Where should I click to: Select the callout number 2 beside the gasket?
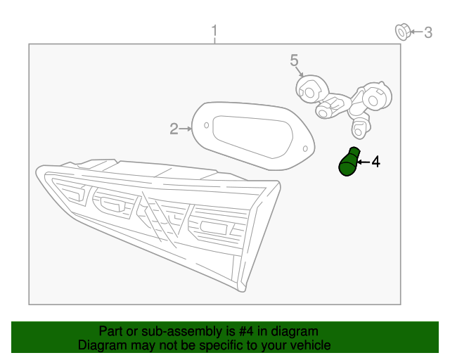coord(174,129)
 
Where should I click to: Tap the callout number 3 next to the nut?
coord(428,32)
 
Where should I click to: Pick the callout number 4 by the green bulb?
coord(376,162)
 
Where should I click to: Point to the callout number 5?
coord(294,60)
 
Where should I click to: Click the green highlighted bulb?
coord(349,162)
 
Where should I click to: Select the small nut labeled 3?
coord(403,32)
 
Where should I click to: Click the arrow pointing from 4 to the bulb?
coord(364,162)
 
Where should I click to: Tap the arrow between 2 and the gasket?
coord(186,129)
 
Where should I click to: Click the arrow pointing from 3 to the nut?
coord(417,32)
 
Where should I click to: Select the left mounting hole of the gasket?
coord(206,125)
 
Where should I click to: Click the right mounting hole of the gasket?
coord(305,148)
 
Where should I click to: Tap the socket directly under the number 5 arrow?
coord(311,89)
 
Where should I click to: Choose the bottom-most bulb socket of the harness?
coord(360,129)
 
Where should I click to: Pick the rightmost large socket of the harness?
coord(376,97)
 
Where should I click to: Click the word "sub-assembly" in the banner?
coord(182,332)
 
